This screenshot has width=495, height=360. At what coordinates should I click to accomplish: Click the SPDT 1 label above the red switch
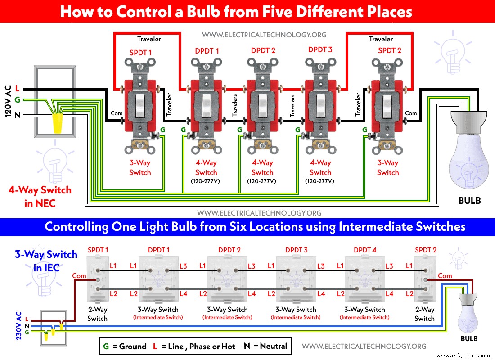click(x=140, y=53)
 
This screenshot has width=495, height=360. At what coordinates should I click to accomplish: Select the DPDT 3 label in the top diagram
click(x=320, y=50)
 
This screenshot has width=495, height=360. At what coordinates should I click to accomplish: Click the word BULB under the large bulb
click(x=469, y=201)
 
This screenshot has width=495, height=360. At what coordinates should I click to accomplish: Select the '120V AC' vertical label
click(x=8, y=101)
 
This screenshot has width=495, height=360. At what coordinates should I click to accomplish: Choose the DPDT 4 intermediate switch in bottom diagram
click(x=364, y=279)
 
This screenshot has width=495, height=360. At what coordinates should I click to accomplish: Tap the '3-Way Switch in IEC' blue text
click(x=46, y=261)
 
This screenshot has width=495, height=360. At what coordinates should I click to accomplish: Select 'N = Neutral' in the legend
click(x=265, y=346)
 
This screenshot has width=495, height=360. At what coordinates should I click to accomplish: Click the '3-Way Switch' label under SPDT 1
click(x=140, y=168)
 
